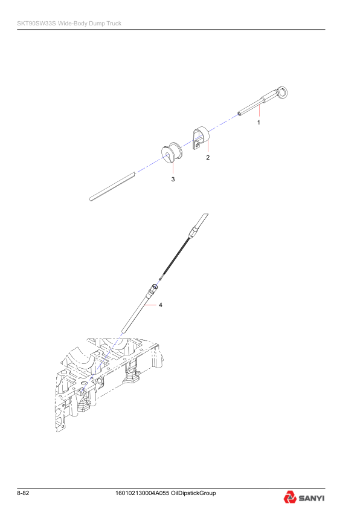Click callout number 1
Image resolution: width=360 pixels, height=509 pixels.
(x=259, y=122)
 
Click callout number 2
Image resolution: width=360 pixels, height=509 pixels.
(x=208, y=157)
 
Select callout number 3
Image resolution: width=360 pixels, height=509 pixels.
(x=173, y=180)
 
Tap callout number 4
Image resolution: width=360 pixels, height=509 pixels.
(x=161, y=305)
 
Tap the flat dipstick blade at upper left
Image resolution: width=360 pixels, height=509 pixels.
(x=112, y=186)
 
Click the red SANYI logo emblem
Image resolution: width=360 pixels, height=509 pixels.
(x=289, y=498)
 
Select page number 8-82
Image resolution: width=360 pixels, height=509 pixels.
(x=24, y=493)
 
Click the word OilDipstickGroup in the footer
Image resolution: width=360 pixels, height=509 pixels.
(x=194, y=493)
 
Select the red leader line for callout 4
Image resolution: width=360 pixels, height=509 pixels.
(x=150, y=305)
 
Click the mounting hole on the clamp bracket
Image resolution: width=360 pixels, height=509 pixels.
(x=198, y=144)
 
